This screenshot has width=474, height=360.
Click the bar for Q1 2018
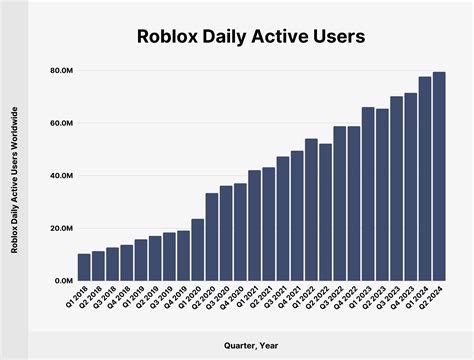coord(84,267)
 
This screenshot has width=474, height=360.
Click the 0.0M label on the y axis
coord(59,281)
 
